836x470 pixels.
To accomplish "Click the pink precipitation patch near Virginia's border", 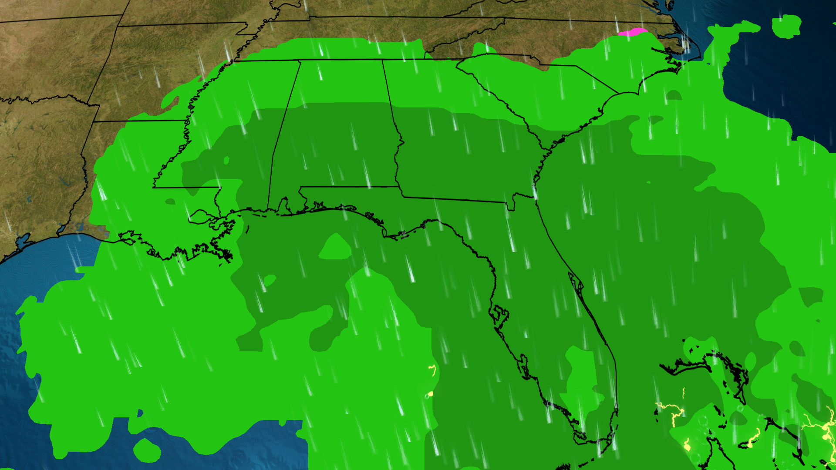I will coord(632,32).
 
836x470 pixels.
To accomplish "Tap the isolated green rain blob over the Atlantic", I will coord(786,26).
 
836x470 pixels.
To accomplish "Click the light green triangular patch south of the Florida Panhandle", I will coord(335,248).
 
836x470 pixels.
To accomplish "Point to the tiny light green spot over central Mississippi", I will coord(226,160).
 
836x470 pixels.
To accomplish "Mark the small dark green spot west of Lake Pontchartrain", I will coord(170,201).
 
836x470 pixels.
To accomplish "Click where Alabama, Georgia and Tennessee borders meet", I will coord(383,60).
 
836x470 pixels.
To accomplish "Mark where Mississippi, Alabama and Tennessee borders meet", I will coord(300,61).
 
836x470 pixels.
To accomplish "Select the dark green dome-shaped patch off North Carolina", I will coord(674,95).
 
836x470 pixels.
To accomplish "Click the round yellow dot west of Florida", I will coord(431,394).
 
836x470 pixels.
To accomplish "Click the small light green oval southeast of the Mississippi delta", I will coord(270,280).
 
